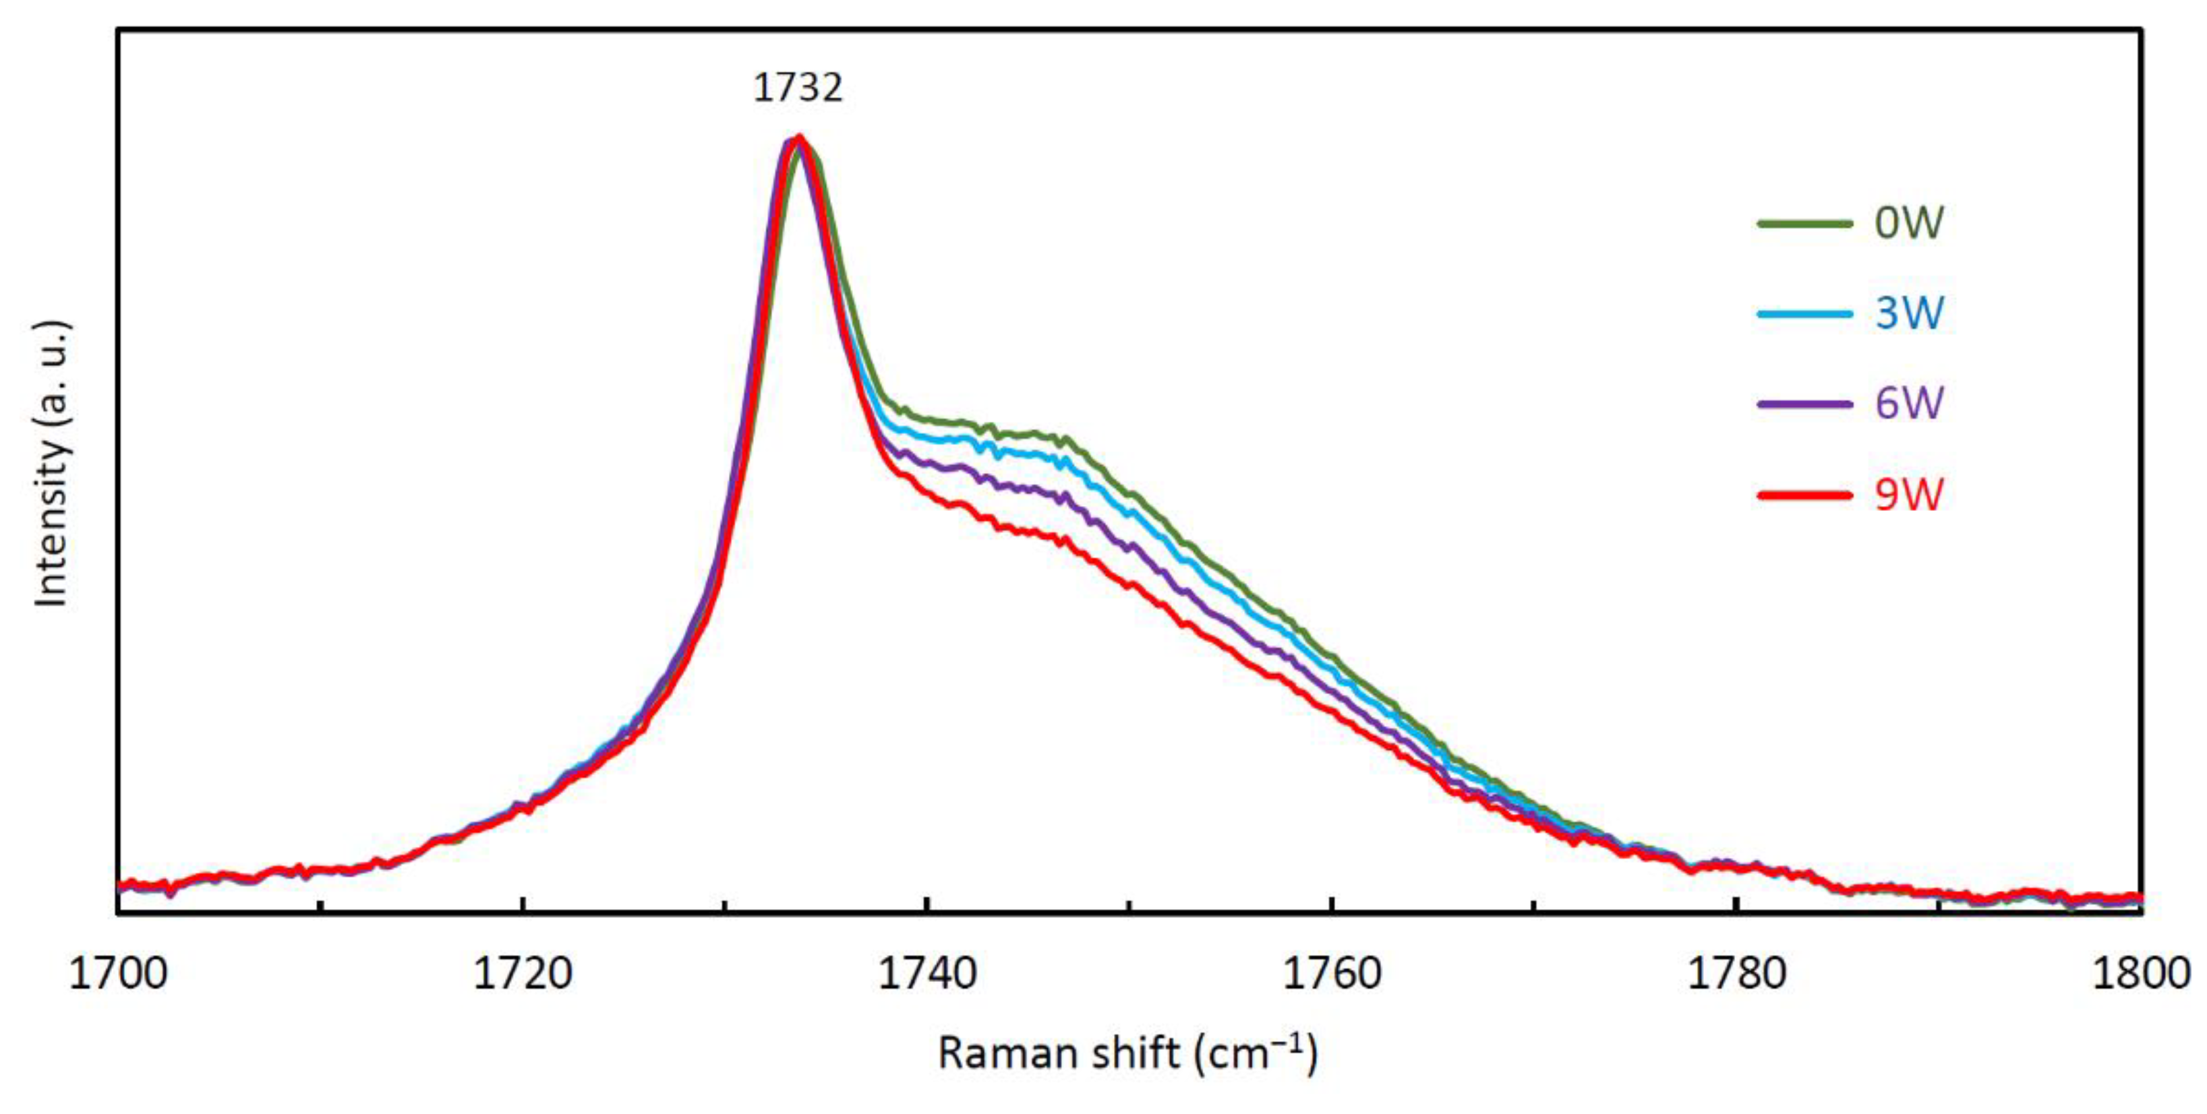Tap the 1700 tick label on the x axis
click(118, 974)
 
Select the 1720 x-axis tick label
click(523, 974)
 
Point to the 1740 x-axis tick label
click(927, 974)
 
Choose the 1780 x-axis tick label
click(1736, 974)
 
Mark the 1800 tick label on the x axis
click(2140, 974)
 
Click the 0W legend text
click(1910, 224)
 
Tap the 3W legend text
click(1910, 313)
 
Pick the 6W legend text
click(1910, 403)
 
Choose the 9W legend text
click(1910, 495)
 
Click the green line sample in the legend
click(1804, 224)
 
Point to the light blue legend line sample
click(1804, 314)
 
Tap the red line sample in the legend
click(1804, 495)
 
